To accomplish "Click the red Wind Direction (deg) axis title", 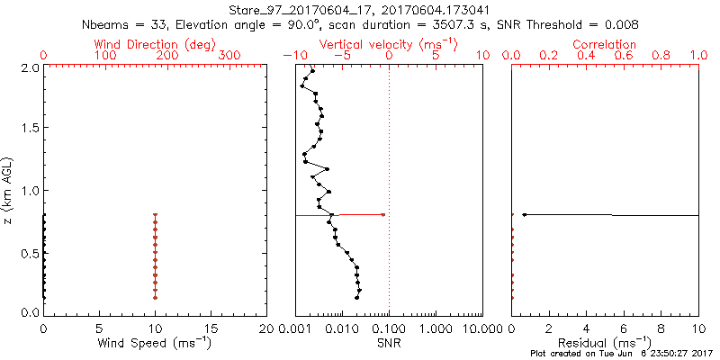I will click(155, 44).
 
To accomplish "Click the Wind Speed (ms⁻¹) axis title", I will click(155, 343).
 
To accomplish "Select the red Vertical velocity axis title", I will click(388, 44).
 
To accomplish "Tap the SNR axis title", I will click(389, 343).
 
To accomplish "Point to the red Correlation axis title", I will click(605, 44).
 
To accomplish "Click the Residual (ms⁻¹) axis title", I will click(605, 343).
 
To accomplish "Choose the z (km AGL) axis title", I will click(8, 190).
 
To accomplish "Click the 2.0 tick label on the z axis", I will click(29, 67).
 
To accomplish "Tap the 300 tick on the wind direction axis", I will click(229, 56).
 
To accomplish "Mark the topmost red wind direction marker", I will click(155, 215).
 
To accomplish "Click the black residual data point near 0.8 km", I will click(524, 214).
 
